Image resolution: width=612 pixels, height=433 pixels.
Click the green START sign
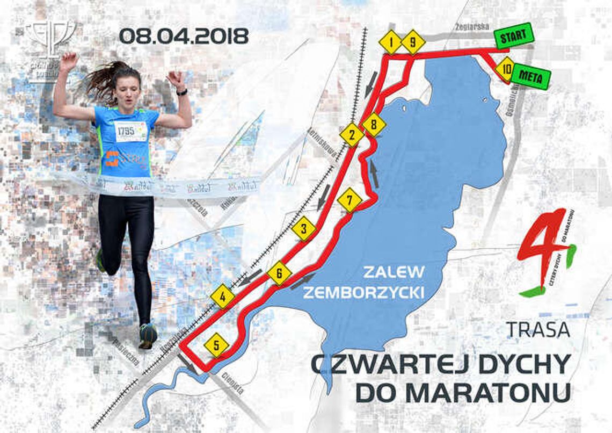point(513,37)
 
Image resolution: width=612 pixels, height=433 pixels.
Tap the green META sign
point(531,77)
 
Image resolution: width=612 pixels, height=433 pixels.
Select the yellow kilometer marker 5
point(216,345)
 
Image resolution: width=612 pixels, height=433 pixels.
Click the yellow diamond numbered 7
point(350,200)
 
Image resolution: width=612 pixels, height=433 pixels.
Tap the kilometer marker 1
point(391,41)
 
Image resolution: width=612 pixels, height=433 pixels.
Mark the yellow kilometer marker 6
point(279,273)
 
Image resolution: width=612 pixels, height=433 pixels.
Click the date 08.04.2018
point(184,36)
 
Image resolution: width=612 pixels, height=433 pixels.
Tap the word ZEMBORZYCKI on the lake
point(363,292)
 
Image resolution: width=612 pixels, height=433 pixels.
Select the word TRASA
point(538,329)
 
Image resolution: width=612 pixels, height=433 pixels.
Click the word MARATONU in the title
point(462,393)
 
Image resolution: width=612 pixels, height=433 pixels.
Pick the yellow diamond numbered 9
point(412,42)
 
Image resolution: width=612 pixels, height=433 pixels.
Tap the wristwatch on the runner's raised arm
point(182,92)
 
